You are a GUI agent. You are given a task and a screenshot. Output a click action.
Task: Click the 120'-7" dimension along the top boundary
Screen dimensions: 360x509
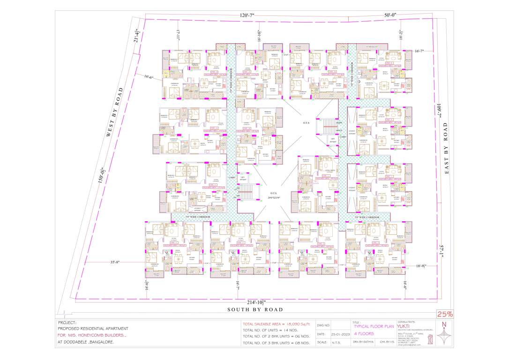pos(247,16)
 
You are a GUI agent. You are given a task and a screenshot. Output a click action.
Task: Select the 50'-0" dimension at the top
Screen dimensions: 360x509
pos(390,16)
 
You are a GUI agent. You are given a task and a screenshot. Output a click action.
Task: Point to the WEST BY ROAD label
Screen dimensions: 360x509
pos(115,112)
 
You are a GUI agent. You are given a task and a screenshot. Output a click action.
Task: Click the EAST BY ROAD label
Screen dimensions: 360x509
pos(446,149)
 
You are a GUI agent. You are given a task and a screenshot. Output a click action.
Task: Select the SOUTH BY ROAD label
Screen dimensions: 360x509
pos(255,309)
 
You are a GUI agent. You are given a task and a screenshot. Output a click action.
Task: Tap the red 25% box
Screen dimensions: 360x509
pos(445,314)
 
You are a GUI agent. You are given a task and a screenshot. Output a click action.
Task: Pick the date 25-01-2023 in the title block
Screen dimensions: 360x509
pos(339,334)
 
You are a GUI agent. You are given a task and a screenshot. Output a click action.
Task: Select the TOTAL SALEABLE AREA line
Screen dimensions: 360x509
pos(276,324)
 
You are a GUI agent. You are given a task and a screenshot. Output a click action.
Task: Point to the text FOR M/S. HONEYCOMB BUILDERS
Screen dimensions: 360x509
pos(92,336)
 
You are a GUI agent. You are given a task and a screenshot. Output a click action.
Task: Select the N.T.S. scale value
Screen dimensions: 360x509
pos(335,343)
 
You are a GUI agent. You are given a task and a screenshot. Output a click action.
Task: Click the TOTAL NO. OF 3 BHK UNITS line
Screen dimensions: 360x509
pos(276,343)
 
